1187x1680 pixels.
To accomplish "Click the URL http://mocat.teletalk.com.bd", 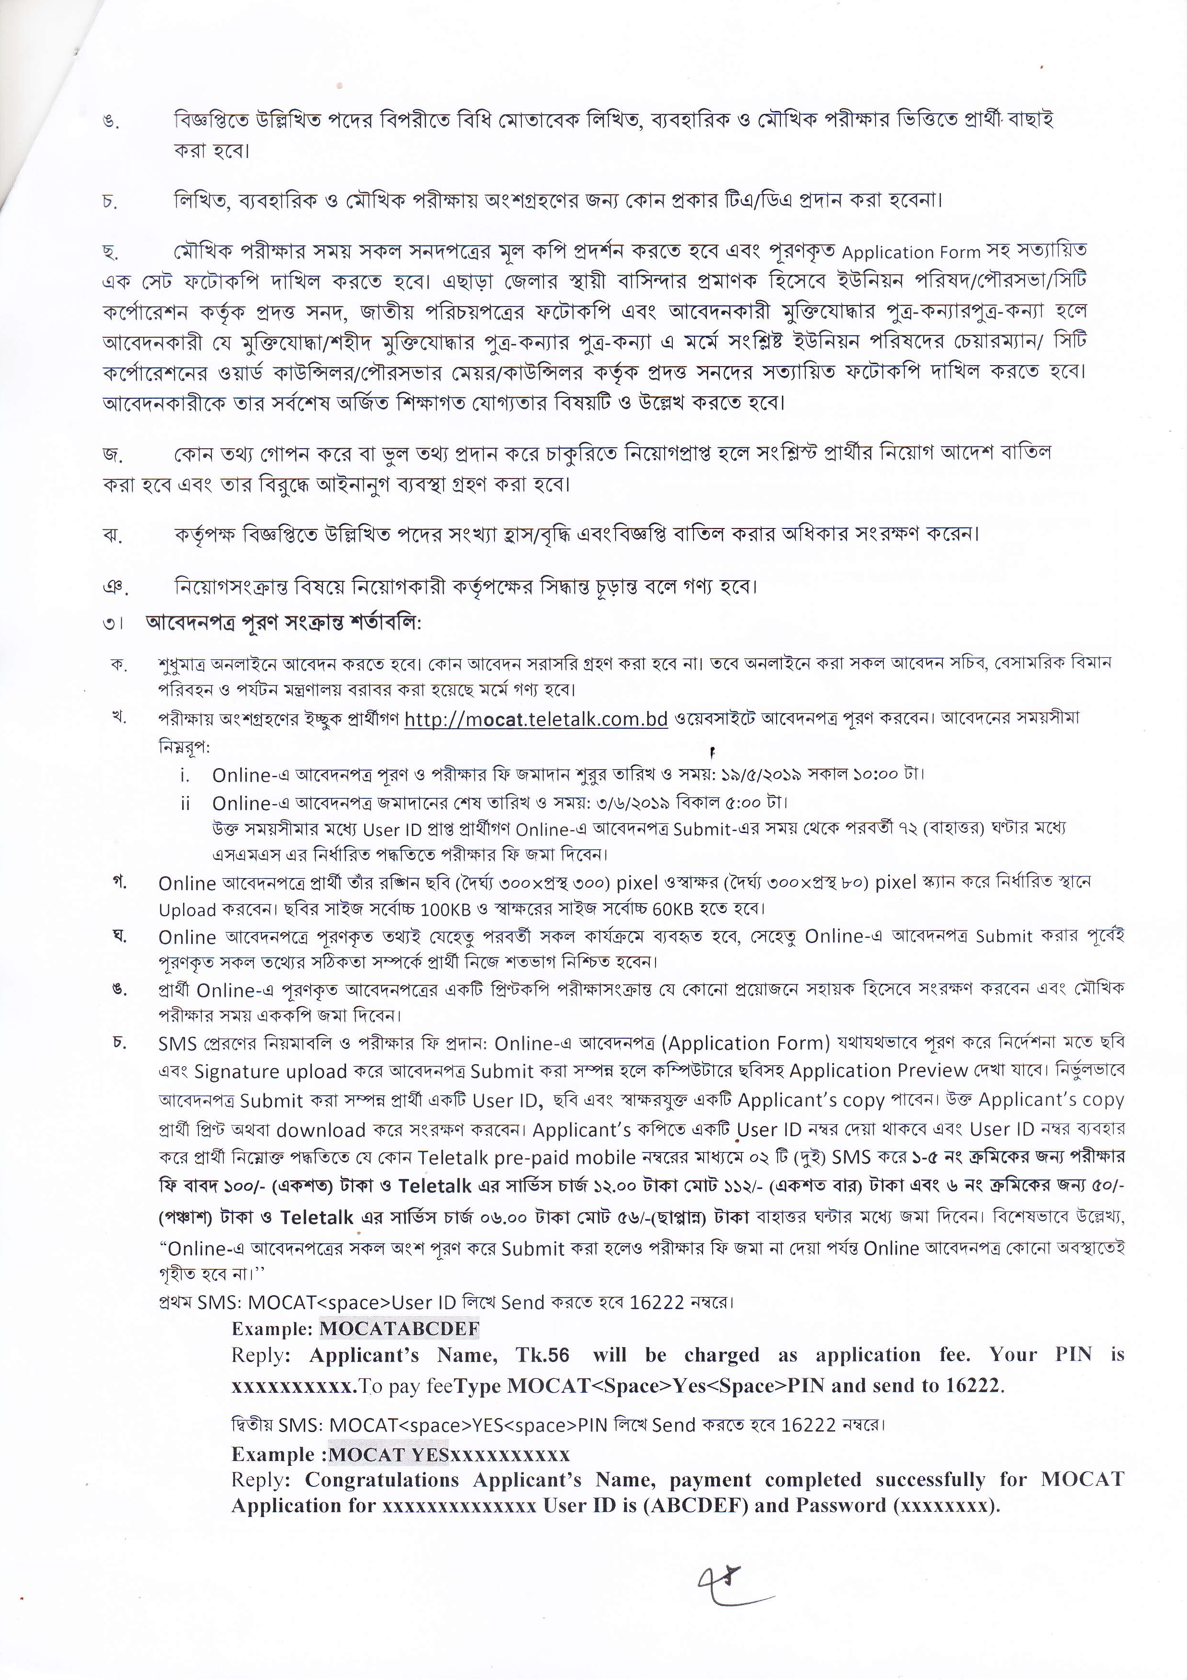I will point(536,719).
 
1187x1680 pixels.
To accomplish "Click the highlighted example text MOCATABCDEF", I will point(399,1328).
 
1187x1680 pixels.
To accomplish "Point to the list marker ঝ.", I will point(112,535).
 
